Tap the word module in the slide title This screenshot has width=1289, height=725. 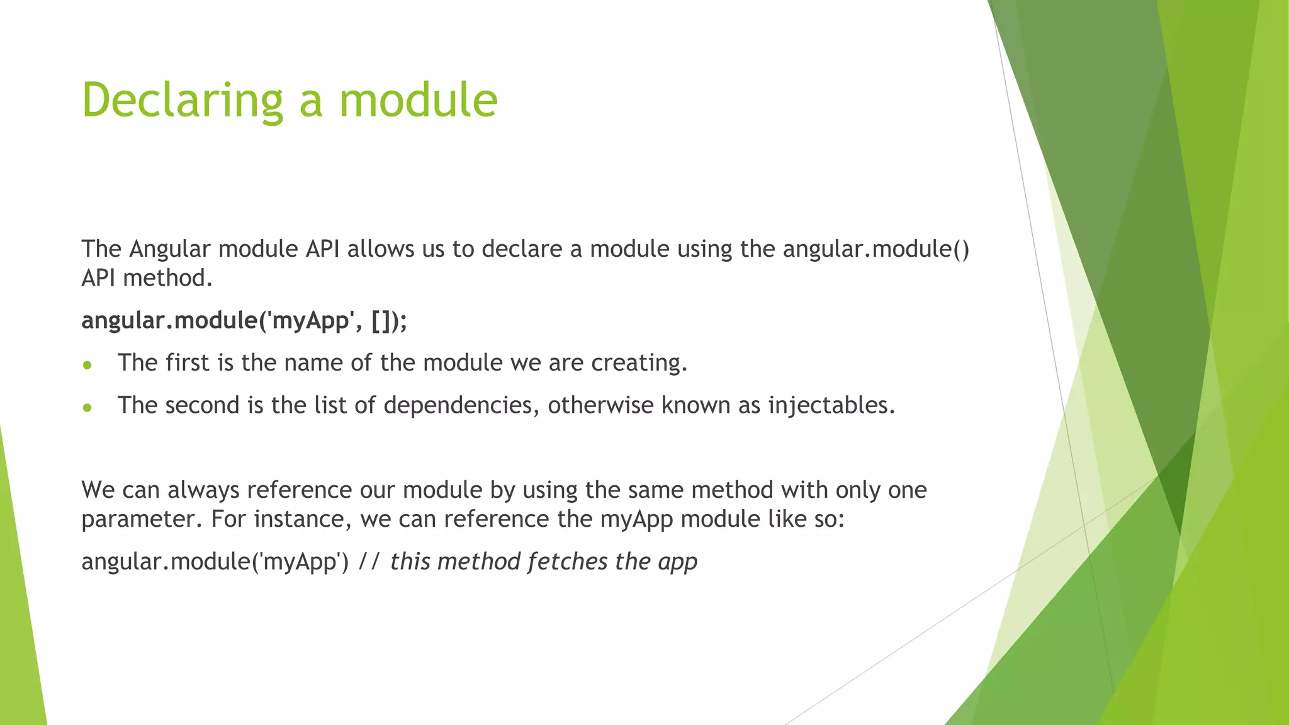tap(418, 101)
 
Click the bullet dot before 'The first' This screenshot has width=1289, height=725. tap(87, 365)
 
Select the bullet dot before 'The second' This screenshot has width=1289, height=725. tap(87, 408)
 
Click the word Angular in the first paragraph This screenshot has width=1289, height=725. tap(169, 249)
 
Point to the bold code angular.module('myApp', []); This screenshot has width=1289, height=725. tap(244, 321)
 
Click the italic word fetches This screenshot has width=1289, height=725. tap(567, 561)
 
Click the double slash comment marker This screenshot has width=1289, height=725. tap(369, 561)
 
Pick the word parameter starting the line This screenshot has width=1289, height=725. tap(142, 520)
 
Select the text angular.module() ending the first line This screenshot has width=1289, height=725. tap(876, 249)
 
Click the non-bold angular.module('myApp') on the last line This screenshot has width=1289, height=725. tap(215, 561)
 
